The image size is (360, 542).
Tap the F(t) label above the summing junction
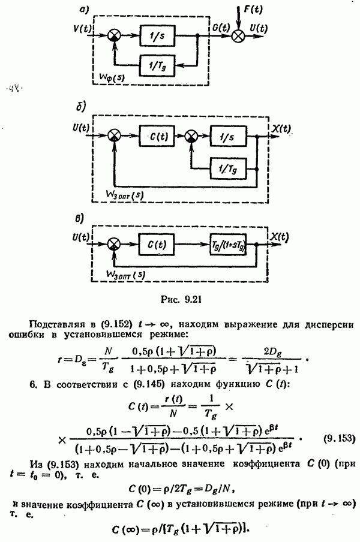click(x=252, y=10)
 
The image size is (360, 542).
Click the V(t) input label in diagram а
click(x=82, y=27)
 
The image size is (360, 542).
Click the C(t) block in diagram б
click(x=158, y=137)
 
